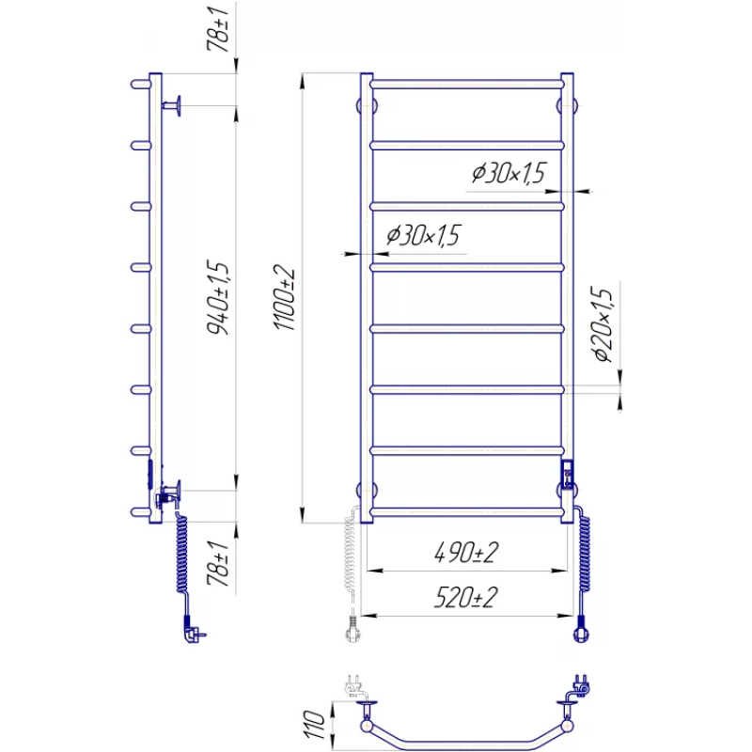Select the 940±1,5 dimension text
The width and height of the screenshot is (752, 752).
(218, 297)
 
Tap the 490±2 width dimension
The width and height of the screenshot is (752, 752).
(466, 552)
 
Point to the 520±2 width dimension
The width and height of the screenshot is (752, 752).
(466, 597)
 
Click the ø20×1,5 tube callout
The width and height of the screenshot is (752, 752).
(603, 323)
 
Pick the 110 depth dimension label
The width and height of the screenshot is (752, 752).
(314, 725)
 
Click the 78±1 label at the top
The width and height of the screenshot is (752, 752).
(218, 29)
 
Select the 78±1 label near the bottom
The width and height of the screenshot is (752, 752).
(218, 563)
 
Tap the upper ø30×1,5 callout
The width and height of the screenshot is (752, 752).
(509, 173)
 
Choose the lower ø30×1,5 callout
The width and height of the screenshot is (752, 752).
(423, 235)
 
